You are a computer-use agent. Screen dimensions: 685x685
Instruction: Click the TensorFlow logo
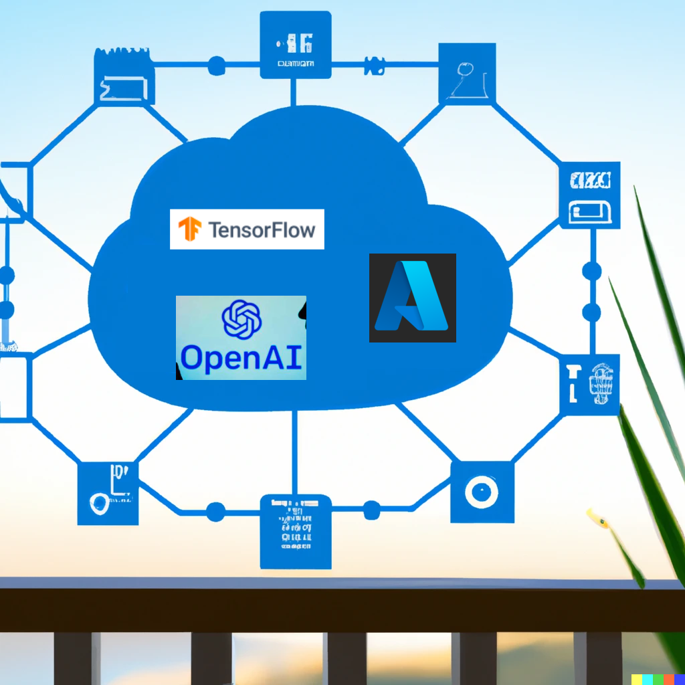pyautogui.click(x=247, y=229)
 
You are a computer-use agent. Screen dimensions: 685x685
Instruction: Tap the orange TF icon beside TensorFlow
pyautogui.click(x=190, y=229)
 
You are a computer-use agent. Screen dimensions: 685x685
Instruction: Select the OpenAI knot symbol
pyautogui.click(x=241, y=318)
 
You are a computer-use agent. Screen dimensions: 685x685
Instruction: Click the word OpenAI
pyautogui.click(x=241, y=358)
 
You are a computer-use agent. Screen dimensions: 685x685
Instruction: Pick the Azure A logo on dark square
pyautogui.click(x=412, y=298)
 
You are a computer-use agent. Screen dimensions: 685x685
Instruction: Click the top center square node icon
pyautogui.click(x=295, y=45)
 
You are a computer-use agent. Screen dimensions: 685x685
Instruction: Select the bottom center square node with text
pyautogui.click(x=295, y=531)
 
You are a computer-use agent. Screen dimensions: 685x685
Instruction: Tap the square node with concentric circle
pyautogui.click(x=482, y=492)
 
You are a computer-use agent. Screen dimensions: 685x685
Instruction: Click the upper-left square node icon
pyautogui.click(x=124, y=78)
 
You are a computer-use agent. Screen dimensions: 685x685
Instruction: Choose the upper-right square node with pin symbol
pyautogui.click(x=467, y=74)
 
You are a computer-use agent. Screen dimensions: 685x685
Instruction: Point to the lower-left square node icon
pyautogui.click(x=108, y=493)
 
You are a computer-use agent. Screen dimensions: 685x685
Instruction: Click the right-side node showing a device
pyautogui.click(x=589, y=195)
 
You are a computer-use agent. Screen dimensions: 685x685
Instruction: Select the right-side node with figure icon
pyautogui.click(x=591, y=385)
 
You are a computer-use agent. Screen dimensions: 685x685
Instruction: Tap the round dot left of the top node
pyautogui.click(x=217, y=66)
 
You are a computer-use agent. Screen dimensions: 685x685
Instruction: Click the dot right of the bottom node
pyautogui.click(x=371, y=510)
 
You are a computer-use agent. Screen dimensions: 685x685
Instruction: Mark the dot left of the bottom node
pyautogui.click(x=215, y=512)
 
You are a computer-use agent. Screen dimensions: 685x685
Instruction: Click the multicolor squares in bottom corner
pyautogui.click(x=658, y=678)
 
